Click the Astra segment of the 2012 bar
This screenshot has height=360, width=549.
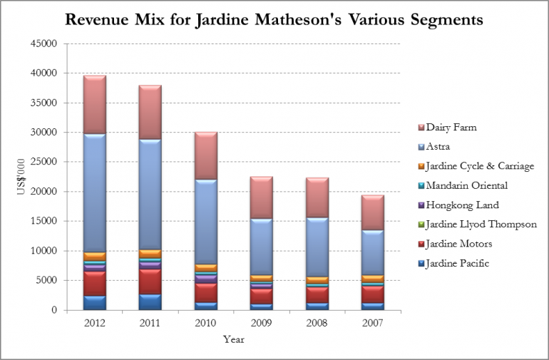tap(94, 192)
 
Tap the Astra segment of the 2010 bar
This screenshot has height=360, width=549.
tap(205, 222)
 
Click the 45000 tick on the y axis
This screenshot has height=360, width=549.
tap(45, 43)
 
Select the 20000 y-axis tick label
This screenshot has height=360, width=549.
tap(45, 192)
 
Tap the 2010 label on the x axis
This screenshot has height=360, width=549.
tap(205, 322)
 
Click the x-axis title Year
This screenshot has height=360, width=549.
tap(233, 339)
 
